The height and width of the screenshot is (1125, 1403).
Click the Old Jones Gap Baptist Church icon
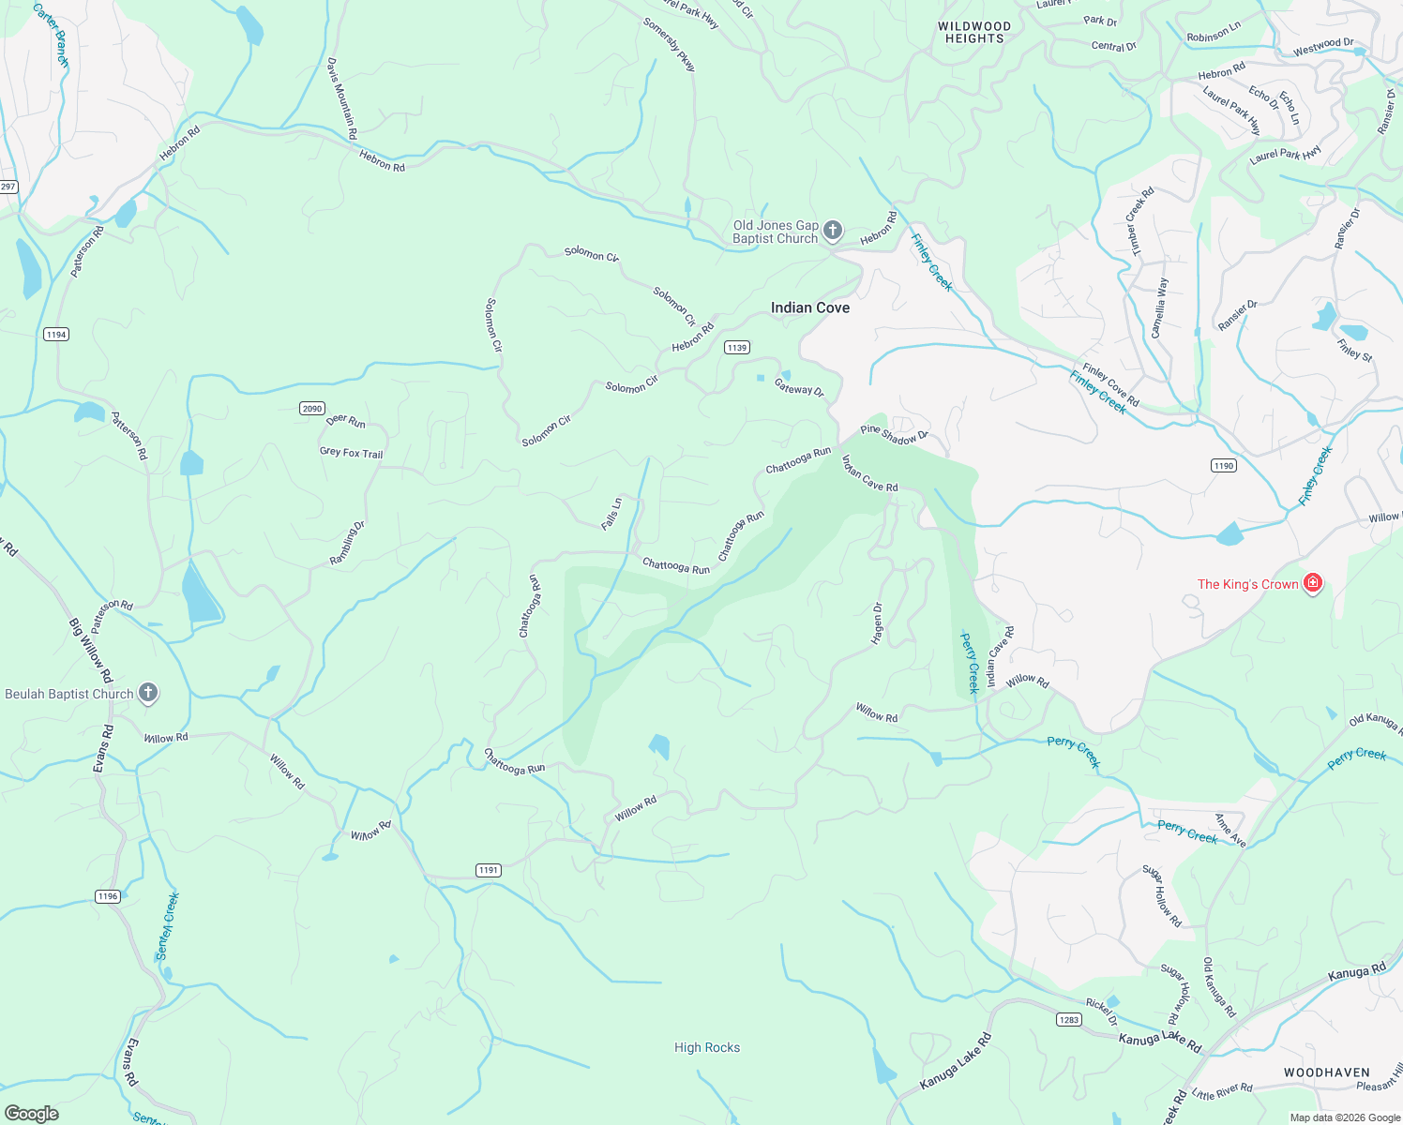[832, 232]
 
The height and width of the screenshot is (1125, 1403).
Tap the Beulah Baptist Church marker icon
[147, 694]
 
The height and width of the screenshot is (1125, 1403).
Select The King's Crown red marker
[1312, 584]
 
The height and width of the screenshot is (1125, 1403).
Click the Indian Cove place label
[809, 307]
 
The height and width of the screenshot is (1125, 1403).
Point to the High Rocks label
[706, 1047]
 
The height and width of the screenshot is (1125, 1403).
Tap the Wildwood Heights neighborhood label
[974, 33]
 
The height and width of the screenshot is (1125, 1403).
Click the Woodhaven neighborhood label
[1326, 1072]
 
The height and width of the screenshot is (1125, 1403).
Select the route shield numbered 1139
[736, 348]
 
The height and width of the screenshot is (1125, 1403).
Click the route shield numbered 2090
[312, 408]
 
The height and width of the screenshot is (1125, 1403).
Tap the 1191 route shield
[488, 870]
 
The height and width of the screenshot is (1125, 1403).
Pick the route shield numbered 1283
[1069, 1020]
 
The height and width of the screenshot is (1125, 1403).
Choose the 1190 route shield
[1223, 466]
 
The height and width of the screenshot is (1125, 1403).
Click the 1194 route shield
[56, 335]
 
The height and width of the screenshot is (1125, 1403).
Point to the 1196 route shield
[108, 896]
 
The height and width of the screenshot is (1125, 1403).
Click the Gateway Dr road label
[799, 386]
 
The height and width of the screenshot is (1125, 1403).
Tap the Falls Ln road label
[611, 513]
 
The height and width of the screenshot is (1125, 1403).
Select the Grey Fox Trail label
[351, 453]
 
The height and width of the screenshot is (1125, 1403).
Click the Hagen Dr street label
[878, 623]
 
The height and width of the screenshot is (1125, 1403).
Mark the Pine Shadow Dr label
[894, 434]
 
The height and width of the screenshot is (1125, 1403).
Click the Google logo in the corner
[31, 1114]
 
